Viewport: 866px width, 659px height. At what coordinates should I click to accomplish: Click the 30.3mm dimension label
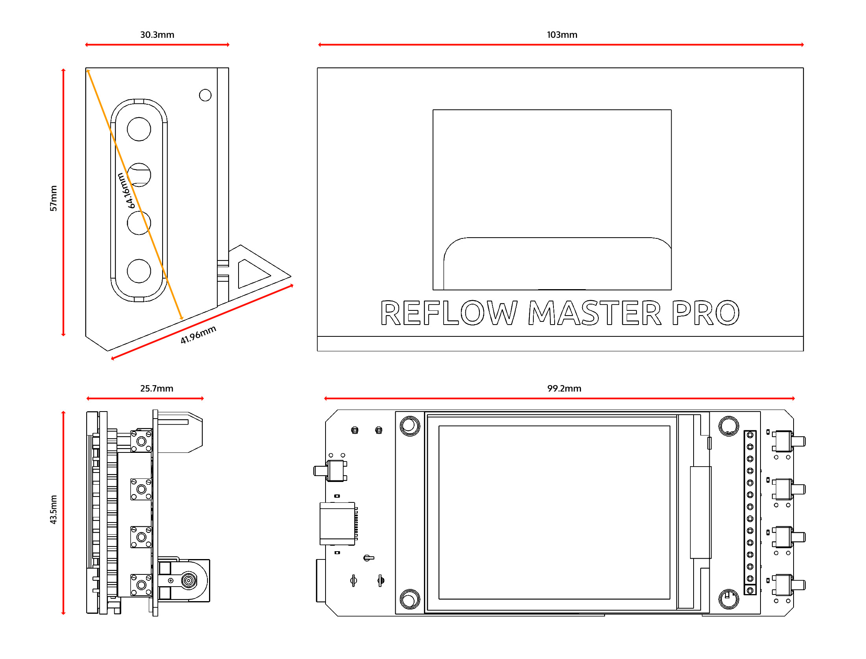[x=157, y=35]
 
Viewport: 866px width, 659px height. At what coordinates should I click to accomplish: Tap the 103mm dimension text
[x=562, y=35]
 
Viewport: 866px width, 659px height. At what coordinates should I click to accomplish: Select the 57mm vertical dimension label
[x=54, y=198]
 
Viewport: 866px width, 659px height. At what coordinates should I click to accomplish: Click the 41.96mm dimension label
[x=198, y=335]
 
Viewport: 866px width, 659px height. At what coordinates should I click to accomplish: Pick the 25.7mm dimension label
[x=157, y=388]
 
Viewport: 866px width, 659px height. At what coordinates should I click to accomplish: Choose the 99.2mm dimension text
[x=564, y=388]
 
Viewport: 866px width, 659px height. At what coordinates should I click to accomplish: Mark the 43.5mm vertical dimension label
[x=54, y=509]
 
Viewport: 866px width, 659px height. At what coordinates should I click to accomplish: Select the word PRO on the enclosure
[x=705, y=313]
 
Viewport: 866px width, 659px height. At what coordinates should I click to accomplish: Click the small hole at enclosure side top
[x=205, y=95]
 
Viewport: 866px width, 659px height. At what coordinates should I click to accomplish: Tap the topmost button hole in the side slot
[x=139, y=129]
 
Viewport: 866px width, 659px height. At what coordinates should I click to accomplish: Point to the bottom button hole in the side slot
[x=139, y=271]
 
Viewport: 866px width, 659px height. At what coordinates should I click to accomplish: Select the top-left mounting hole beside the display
[x=410, y=426]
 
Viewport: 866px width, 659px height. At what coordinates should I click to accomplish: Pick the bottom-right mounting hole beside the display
[x=729, y=599]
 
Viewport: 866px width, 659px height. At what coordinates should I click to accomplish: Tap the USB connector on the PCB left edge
[x=337, y=524]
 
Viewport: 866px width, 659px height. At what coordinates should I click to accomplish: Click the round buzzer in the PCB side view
[x=189, y=580]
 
